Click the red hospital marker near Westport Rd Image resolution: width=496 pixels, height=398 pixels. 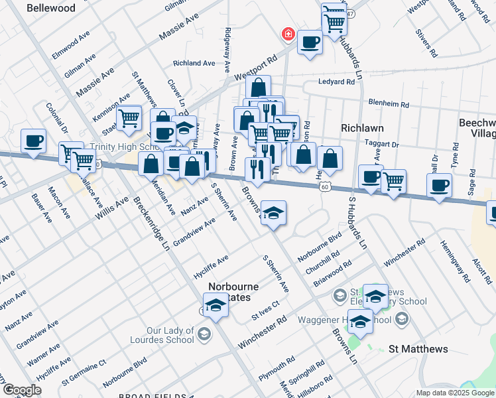click(x=288, y=34)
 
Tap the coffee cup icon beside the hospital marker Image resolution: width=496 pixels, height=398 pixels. click(x=309, y=43)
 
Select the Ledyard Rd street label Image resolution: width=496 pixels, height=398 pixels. click(x=341, y=82)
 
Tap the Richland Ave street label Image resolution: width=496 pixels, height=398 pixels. click(x=194, y=63)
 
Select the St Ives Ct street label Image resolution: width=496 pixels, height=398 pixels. click(x=265, y=310)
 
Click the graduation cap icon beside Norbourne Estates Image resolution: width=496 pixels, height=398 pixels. click(x=215, y=306)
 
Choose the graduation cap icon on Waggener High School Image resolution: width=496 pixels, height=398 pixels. click(x=360, y=322)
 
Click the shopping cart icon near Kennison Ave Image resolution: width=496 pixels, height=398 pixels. click(x=129, y=117)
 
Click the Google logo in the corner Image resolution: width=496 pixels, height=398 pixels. click(x=22, y=390)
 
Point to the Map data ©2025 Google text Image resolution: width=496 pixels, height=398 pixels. click(x=455, y=393)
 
